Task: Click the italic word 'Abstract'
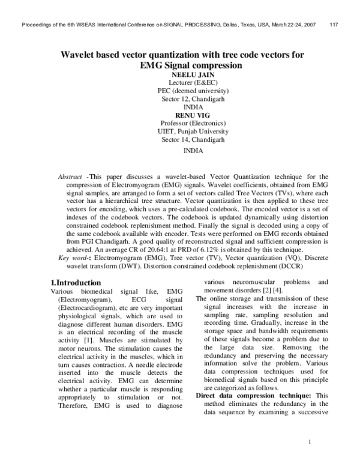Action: click(70, 177)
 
